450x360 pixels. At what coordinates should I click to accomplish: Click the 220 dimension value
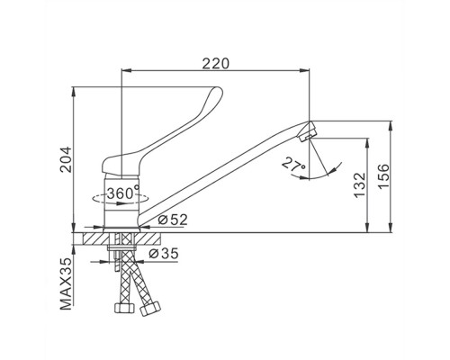(215, 63)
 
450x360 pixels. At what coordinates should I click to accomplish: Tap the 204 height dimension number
(66, 159)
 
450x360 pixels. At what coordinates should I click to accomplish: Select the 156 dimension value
(383, 176)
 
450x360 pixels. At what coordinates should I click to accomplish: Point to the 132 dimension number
(360, 185)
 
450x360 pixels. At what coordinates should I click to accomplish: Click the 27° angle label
(294, 166)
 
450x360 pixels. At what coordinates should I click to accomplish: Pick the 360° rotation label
(123, 193)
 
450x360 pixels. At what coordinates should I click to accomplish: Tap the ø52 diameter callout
(173, 220)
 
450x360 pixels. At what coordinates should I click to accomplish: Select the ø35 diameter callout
(164, 254)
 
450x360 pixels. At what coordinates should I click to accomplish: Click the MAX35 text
(66, 283)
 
